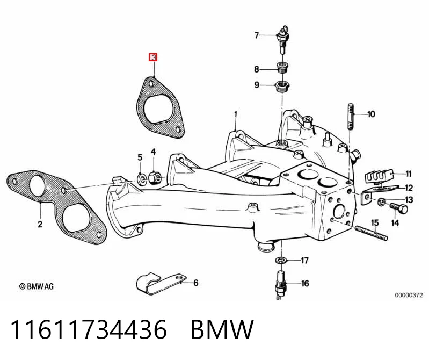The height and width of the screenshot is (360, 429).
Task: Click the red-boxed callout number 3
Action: (x=153, y=57)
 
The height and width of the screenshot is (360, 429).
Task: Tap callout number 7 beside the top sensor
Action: (x=256, y=35)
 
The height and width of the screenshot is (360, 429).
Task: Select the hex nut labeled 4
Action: (x=153, y=178)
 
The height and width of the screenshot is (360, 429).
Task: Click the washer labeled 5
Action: (x=141, y=179)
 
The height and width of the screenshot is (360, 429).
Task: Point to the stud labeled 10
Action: (x=351, y=117)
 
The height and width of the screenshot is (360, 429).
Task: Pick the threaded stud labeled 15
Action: (x=371, y=233)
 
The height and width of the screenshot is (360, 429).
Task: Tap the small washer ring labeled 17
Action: (x=281, y=260)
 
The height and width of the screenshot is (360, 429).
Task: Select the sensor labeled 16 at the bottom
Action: (x=281, y=285)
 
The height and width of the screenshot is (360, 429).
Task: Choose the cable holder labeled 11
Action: (x=379, y=177)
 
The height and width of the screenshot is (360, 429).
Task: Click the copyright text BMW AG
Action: (x=36, y=286)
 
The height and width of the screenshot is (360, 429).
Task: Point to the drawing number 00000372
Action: (x=409, y=295)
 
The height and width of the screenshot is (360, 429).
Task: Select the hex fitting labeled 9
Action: (x=282, y=87)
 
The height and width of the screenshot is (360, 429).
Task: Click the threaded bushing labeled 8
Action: (x=282, y=67)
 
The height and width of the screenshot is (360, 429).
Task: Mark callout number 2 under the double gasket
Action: (x=40, y=224)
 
